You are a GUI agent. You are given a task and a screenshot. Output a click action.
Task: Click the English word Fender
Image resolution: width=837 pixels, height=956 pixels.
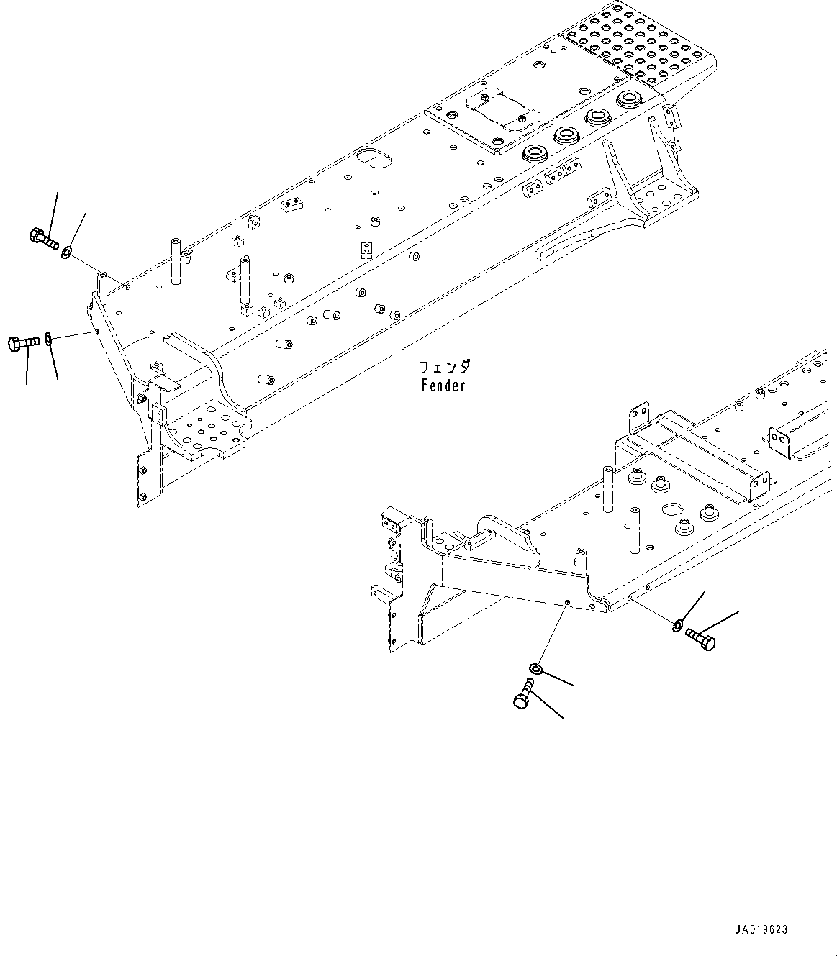[x=444, y=386]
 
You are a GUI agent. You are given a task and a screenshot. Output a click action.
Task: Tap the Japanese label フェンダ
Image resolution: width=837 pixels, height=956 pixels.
[x=445, y=368]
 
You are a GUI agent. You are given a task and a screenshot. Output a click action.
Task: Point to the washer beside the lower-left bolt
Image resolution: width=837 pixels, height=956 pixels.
[x=47, y=337]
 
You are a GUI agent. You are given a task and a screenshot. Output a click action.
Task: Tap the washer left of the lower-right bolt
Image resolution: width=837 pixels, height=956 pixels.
[x=678, y=624]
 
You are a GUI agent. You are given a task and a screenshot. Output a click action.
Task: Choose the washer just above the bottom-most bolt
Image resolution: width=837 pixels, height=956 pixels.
[x=534, y=669]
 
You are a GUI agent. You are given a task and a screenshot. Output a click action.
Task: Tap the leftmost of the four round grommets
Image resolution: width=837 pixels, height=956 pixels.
[x=534, y=152]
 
